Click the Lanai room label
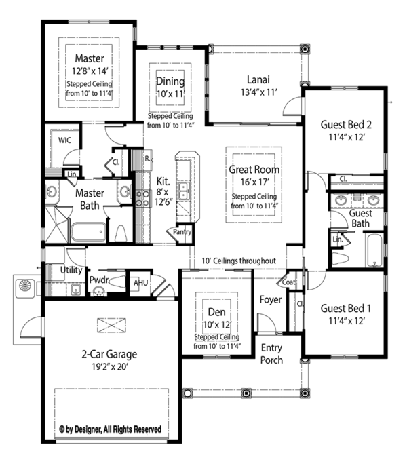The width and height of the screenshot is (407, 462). point(258,79)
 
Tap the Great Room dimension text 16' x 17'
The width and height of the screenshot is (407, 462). point(255,182)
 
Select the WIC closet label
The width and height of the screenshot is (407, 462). point(64,140)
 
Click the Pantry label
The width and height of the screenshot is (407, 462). point(182,232)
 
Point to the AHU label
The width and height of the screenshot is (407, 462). point(140,283)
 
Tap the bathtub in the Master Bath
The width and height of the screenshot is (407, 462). point(88,232)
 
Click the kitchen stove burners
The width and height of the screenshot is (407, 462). point(143,198)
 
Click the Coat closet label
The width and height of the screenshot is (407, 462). point(288,282)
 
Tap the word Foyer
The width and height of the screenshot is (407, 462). point(271,300)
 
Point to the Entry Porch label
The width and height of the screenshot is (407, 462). point(271,354)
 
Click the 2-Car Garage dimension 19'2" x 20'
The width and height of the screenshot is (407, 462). point(109,367)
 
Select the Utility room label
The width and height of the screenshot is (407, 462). point(71,270)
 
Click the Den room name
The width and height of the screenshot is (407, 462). point(216,312)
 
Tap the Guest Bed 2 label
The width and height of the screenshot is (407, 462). point(346,125)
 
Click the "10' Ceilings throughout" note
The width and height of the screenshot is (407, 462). point(239,261)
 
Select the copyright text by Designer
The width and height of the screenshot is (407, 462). point(110,429)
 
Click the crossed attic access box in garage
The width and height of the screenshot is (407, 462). point(111,326)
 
